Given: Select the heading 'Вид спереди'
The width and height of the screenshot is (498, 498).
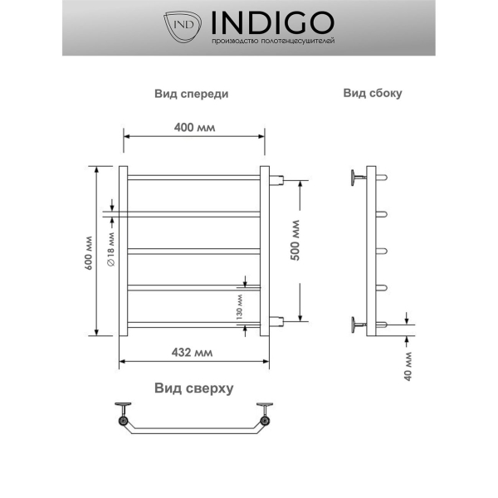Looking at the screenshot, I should pyautogui.click(x=191, y=94).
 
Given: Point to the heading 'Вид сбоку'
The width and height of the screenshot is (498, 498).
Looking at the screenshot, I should pyautogui.click(x=373, y=93).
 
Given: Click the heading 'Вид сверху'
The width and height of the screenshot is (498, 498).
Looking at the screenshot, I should pyautogui.click(x=193, y=388).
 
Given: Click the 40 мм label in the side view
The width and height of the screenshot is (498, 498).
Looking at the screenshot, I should pyautogui.click(x=410, y=362).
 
